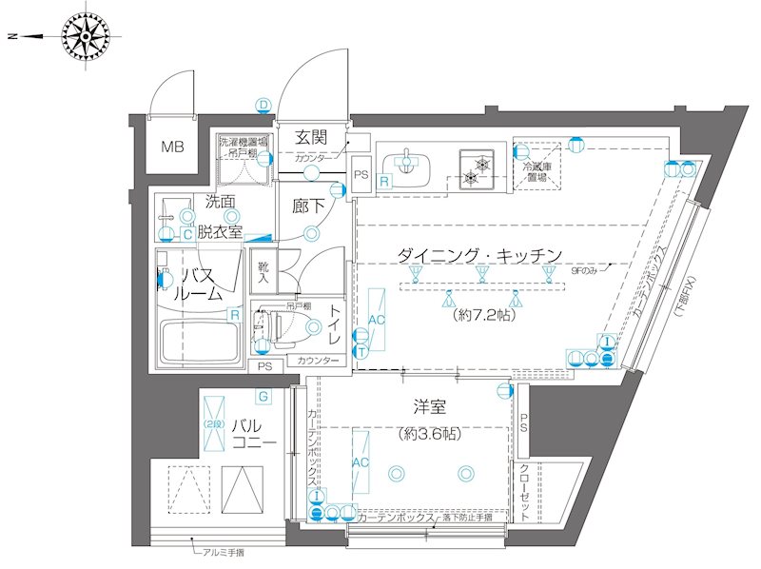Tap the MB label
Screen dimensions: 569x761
[x=171, y=147]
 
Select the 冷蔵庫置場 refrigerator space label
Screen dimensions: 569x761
[x=534, y=170]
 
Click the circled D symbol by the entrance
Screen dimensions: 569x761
[x=263, y=105]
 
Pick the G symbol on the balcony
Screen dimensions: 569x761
[x=262, y=396]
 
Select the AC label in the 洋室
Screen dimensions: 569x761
[x=361, y=462]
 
